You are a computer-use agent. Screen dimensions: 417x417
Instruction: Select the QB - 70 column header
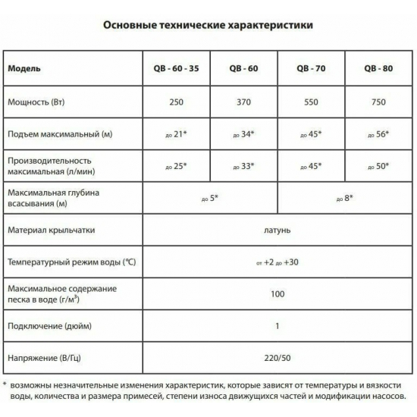(x=312, y=68)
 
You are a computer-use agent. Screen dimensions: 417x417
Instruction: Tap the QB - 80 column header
(x=376, y=68)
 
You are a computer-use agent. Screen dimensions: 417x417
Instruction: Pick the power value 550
(x=312, y=101)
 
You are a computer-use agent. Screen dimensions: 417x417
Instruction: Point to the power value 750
(x=376, y=101)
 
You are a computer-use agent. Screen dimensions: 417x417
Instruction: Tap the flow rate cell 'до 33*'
(x=243, y=166)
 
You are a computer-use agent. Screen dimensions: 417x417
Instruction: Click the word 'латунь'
(x=277, y=230)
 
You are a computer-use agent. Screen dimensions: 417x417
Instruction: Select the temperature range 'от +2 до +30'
(x=277, y=262)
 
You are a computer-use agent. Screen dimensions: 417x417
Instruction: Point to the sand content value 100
(x=277, y=294)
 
